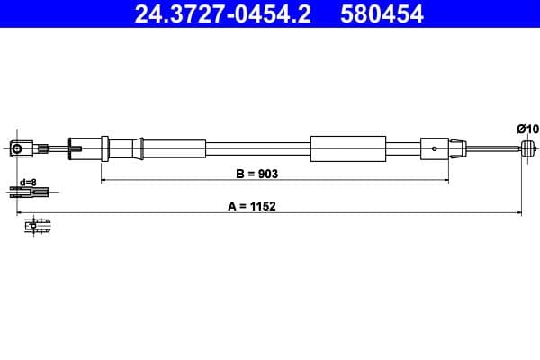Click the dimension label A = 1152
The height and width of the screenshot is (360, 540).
click(x=252, y=204)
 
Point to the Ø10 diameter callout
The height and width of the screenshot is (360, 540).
click(x=527, y=129)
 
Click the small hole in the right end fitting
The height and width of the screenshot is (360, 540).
click(x=435, y=148)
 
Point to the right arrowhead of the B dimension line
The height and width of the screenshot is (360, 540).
click(x=446, y=180)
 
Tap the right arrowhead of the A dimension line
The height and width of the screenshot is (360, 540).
click(x=520, y=213)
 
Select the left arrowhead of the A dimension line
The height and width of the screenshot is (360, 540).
click(x=20, y=213)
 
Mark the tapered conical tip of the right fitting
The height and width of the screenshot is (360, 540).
click(x=457, y=148)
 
